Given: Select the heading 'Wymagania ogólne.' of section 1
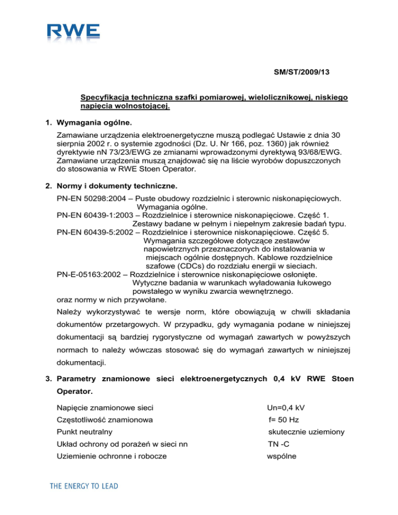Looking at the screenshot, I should coord(98,123).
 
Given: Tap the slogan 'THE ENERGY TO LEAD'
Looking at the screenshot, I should coord(83,486).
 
